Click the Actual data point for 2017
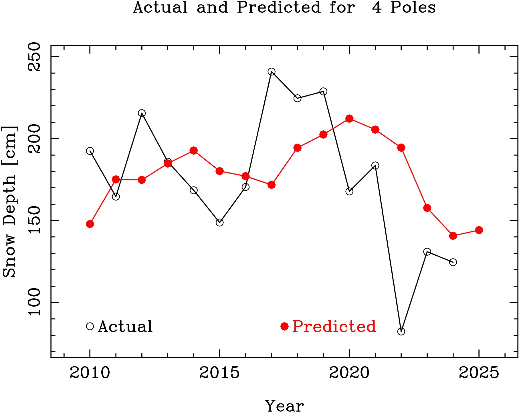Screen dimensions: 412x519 point(272,71)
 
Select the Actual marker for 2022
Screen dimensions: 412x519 point(401,331)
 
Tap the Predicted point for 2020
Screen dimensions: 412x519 point(349,119)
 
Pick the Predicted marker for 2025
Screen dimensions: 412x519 point(479,230)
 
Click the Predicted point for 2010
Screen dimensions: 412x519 point(90,224)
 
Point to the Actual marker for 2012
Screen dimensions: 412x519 point(142,113)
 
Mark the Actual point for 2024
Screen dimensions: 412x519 point(453,262)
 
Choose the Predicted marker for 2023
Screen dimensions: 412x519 point(427,208)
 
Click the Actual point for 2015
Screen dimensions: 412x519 point(219,222)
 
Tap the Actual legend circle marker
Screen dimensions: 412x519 point(90,326)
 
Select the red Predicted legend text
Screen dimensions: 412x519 point(334,326)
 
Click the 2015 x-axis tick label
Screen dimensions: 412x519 point(219,373)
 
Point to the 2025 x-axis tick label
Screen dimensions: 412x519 point(479,373)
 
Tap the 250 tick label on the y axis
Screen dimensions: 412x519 point(34,57)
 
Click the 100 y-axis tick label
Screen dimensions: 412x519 point(34,302)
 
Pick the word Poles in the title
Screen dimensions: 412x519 point(413,7)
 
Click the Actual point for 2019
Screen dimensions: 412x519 point(323,91)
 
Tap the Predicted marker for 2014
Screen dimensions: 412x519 point(194,151)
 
